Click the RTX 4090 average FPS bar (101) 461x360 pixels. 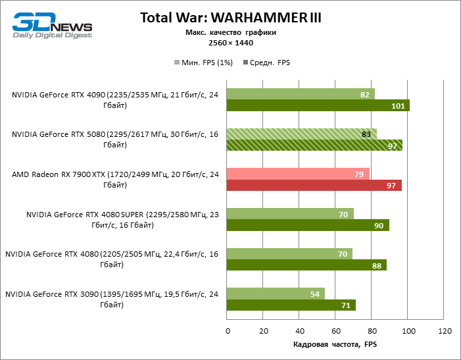click(318, 106)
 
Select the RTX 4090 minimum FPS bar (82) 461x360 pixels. click(301, 94)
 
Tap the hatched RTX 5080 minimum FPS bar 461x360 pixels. click(301, 134)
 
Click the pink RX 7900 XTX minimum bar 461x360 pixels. click(298, 174)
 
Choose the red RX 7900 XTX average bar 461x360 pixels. click(314, 186)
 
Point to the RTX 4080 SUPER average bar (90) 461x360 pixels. click(308, 226)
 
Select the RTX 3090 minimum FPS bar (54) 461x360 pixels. click(276, 294)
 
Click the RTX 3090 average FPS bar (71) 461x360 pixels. click(291, 305)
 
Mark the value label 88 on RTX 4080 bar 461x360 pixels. click(377, 265)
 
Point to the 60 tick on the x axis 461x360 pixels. click(335, 330)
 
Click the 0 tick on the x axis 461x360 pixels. click(227, 330)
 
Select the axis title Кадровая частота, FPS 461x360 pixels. click(335, 344)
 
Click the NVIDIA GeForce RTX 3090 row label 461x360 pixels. click(112, 299)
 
